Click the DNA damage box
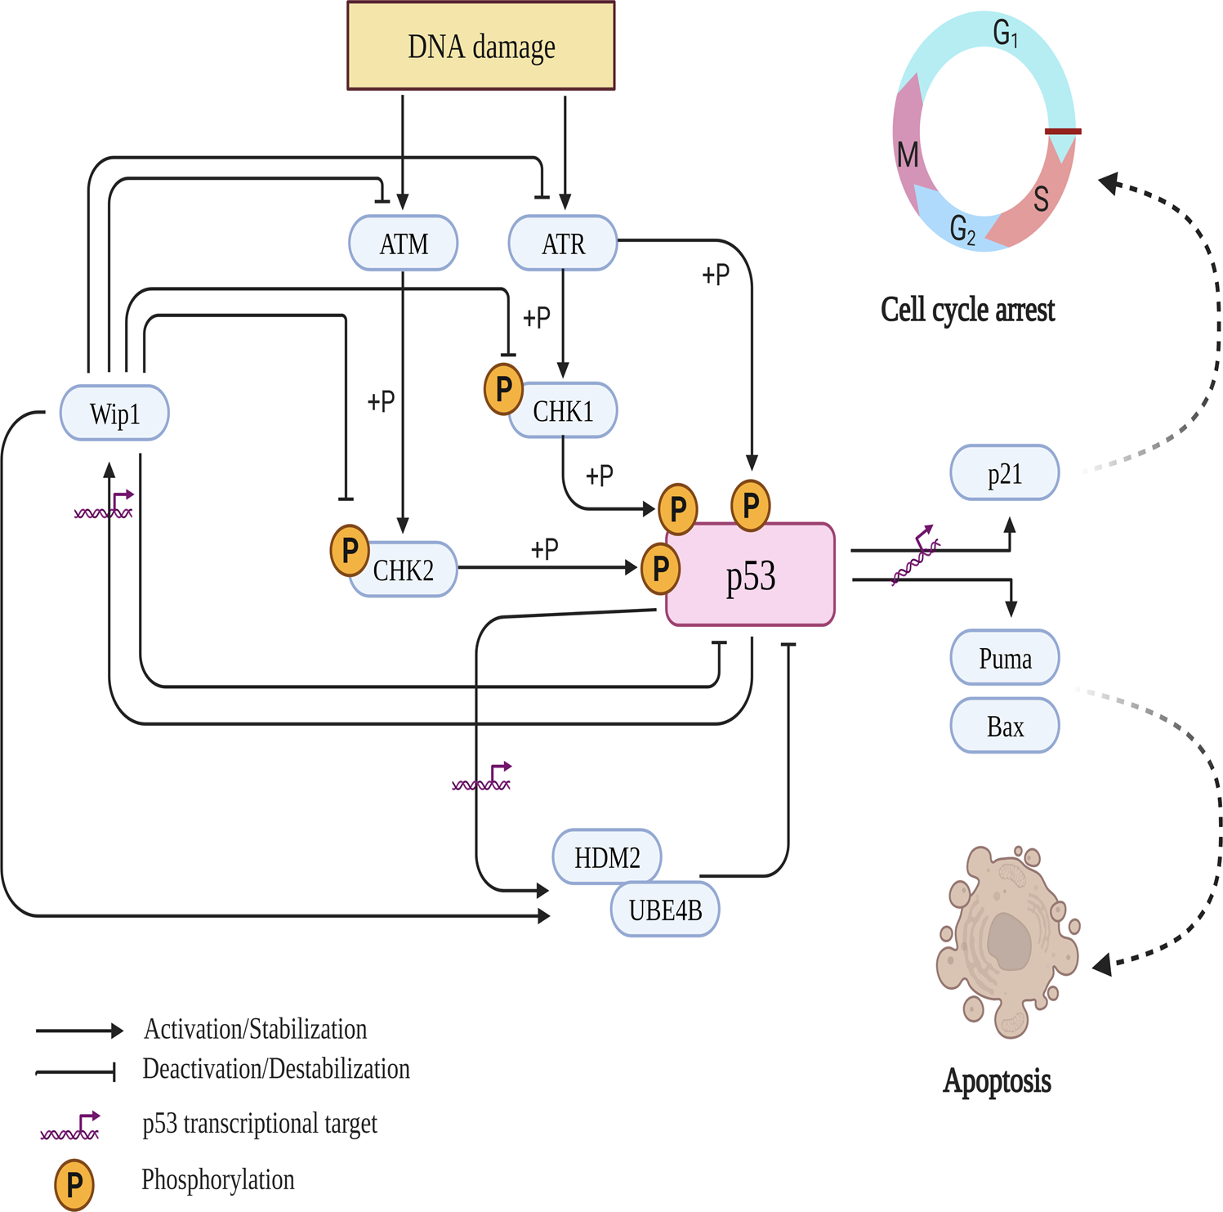point(480,46)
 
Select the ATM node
point(403,244)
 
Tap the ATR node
point(563,244)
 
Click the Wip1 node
point(114,414)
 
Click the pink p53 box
point(750,575)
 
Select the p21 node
point(1004,473)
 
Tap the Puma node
point(1004,658)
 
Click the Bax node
point(1004,726)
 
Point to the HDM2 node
point(607,857)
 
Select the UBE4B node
point(665,910)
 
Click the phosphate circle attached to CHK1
point(503,389)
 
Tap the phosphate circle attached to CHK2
point(350,550)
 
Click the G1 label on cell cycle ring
point(1004,34)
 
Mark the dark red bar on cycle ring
point(1063,131)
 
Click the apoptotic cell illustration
point(1007,940)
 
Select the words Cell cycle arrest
point(967,310)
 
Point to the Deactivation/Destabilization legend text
point(276,1069)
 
